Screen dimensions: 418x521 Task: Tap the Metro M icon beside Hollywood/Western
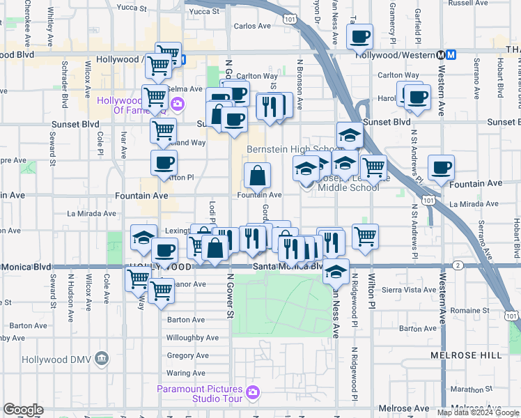coord(451,54)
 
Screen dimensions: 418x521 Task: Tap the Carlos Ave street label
coord(251,26)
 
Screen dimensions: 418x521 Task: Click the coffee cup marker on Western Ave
coord(441,167)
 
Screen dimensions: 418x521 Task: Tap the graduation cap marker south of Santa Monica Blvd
coord(336,271)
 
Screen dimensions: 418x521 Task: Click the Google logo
coord(23,410)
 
